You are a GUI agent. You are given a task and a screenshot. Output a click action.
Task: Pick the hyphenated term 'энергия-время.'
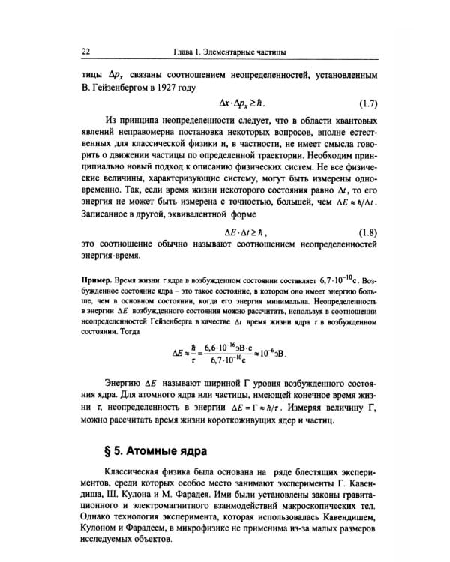(x=111, y=256)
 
